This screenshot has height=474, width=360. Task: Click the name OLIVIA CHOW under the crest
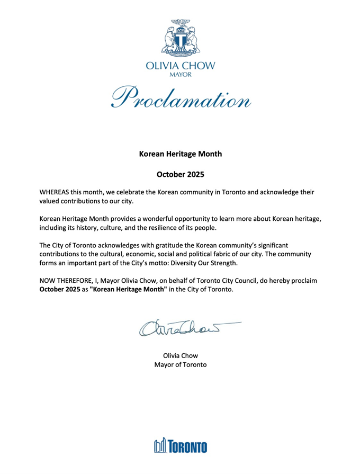180,67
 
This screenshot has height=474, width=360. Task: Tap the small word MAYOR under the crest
180,75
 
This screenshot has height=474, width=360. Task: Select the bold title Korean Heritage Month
180,154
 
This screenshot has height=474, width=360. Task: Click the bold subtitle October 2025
180,173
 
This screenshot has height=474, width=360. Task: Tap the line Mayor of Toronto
180,365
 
